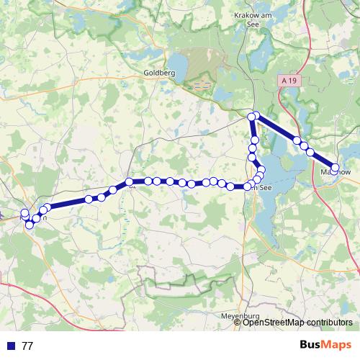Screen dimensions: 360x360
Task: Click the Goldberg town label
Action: (x=159, y=73)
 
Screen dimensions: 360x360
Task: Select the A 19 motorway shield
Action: (x=289, y=81)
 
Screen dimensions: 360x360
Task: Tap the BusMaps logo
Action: (x=326, y=345)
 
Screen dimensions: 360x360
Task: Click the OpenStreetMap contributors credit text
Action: (x=297, y=323)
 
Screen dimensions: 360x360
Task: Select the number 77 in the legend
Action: (x=27, y=346)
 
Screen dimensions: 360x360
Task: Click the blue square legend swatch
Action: (x=9, y=346)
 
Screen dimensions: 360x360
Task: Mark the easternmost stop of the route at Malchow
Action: (x=335, y=168)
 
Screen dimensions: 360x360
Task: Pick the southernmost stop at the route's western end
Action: (x=30, y=225)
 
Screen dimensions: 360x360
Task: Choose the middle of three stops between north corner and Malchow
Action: (x=304, y=146)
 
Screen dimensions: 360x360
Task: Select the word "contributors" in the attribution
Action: (x=328, y=323)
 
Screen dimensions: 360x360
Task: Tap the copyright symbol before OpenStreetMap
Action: (x=238, y=323)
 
